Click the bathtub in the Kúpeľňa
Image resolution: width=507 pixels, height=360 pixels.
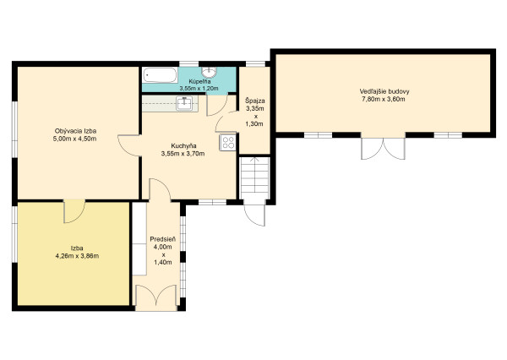pyautogui.click(x=161, y=75)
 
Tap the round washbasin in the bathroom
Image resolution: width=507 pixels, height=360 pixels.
pyautogui.click(x=210, y=72)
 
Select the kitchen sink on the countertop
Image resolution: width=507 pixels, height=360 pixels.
pyautogui.click(x=184, y=103)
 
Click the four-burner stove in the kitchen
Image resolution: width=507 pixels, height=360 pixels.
pyautogui.click(x=228, y=142)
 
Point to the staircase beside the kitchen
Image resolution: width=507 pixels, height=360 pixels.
pyautogui.click(x=255, y=177)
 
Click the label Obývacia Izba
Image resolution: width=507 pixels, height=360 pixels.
pyautogui.click(x=76, y=131)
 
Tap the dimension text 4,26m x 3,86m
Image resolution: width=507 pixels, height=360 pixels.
pyautogui.click(x=77, y=256)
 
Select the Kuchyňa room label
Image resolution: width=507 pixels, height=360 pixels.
pyautogui.click(x=183, y=145)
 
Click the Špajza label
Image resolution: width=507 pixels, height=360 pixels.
pyautogui.click(x=255, y=101)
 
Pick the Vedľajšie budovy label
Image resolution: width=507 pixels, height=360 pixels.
pyautogui.click(x=384, y=91)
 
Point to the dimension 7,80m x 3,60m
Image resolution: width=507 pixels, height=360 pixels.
pyautogui.click(x=384, y=99)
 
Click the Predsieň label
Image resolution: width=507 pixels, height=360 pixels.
pyautogui.click(x=163, y=239)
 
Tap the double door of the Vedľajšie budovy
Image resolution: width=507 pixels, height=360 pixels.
pyautogui.click(x=383, y=149)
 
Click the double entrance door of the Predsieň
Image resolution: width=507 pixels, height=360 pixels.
pyautogui.click(x=156, y=297)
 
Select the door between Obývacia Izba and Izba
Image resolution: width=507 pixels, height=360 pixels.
pyautogui.click(x=74, y=211)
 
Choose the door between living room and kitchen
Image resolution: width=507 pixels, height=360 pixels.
pyautogui.click(x=129, y=145)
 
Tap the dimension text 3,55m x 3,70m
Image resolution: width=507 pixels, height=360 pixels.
pyautogui.click(x=183, y=154)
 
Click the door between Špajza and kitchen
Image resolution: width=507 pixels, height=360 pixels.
pyautogui.click(x=226, y=122)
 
